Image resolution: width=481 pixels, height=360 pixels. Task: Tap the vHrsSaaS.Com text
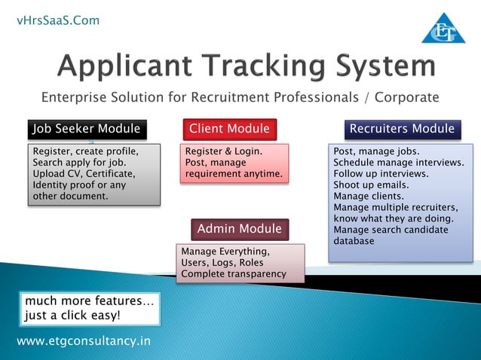pyautogui.click(x=58, y=20)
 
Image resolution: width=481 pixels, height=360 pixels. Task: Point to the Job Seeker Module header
pyautogui.click(x=86, y=129)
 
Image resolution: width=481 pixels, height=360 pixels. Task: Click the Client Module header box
pyautogui.click(x=229, y=129)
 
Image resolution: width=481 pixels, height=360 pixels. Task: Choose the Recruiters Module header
pyautogui.click(x=402, y=129)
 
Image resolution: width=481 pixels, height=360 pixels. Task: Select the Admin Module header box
pyautogui.click(x=239, y=228)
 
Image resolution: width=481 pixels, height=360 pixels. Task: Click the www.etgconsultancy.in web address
pyautogui.click(x=83, y=341)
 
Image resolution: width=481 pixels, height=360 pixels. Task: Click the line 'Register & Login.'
pyautogui.click(x=223, y=151)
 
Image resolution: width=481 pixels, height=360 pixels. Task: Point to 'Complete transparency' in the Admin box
pyautogui.click(x=234, y=273)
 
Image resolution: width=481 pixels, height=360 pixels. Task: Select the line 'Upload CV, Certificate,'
pyautogui.click(x=83, y=174)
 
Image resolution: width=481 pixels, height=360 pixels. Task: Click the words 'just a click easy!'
pyautogui.click(x=72, y=315)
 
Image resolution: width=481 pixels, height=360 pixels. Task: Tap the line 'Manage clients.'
pyautogui.click(x=367, y=196)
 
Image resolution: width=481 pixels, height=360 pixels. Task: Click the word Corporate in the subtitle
pyautogui.click(x=406, y=97)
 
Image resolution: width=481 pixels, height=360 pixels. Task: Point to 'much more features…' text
pyautogui.click(x=90, y=301)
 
